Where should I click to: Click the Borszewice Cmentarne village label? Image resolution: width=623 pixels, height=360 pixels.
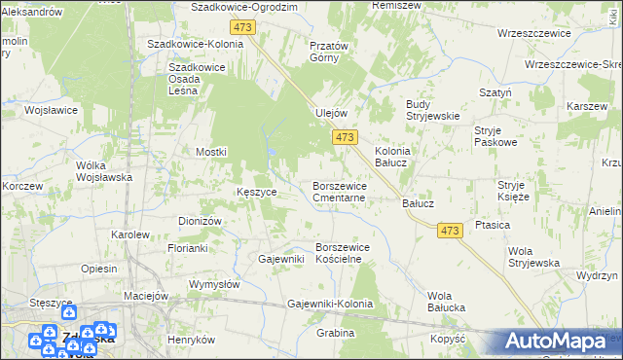coord(339,192)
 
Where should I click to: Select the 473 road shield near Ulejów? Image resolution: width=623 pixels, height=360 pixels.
coord(344,138)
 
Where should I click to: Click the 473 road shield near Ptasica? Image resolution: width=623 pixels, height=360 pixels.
coord(449,230)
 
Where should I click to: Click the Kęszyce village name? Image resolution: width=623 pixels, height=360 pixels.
coord(257,193)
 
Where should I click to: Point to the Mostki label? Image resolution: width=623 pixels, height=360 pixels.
coord(211,152)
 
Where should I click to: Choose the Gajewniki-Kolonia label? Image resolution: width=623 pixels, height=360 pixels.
coord(330,305)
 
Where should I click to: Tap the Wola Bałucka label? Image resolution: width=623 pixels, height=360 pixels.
coord(447,302)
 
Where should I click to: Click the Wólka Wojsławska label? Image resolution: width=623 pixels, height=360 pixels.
coord(104,171)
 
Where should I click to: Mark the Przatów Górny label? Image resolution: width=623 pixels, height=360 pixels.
coord(329,52)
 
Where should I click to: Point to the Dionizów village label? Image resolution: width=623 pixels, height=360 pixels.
coord(201,221)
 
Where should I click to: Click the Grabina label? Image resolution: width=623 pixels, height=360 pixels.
coord(335,333)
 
